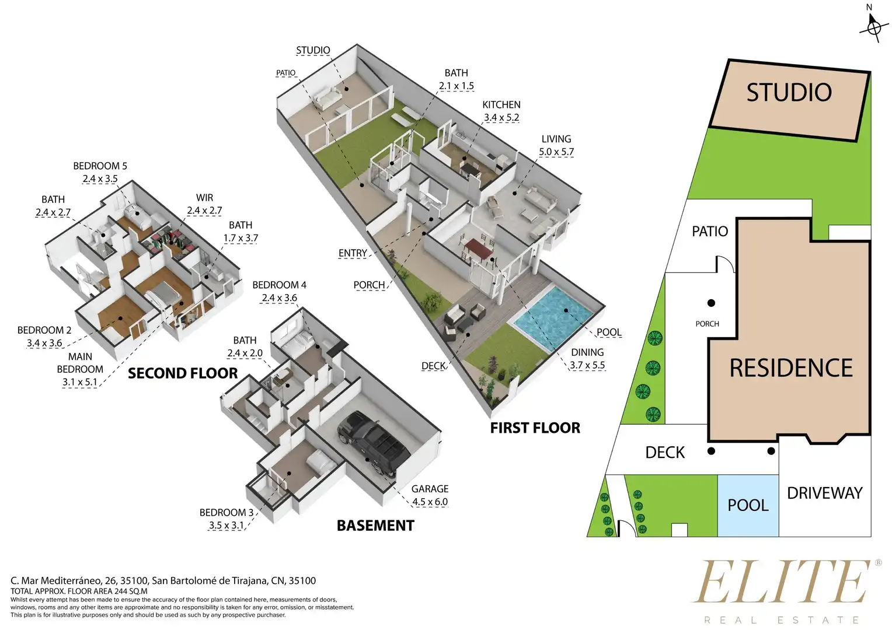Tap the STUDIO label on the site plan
(x=789, y=92)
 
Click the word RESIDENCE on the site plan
(x=791, y=367)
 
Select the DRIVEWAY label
(x=825, y=493)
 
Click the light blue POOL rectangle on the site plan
(x=748, y=505)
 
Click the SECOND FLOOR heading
(x=182, y=373)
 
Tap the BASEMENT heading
(x=375, y=526)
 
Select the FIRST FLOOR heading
(x=535, y=428)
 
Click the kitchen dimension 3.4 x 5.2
(x=501, y=118)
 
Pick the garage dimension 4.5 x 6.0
(x=430, y=502)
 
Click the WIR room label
(x=205, y=198)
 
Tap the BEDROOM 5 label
(x=100, y=166)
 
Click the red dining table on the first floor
(x=479, y=249)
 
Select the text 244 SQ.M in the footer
(x=131, y=591)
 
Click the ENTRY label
(x=353, y=253)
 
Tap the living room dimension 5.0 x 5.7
(x=556, y=152)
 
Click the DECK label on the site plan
(x=664, y=453)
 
